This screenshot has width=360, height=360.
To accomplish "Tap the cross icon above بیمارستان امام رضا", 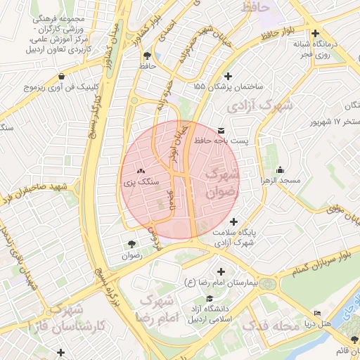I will tap(221, 271).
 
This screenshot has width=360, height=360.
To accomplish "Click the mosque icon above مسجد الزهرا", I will tap(281, 169).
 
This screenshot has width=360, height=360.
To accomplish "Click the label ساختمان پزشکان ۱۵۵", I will tap(227, 86).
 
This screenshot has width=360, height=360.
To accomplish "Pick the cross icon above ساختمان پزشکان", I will tap(227, 76).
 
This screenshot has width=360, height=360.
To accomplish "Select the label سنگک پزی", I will tap(139, 181).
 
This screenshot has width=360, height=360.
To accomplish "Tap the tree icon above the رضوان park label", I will tap(132, 244).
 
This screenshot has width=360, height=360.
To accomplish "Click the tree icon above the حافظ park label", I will tap(146, 56).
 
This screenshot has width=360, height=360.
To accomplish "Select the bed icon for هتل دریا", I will tap(317, 314).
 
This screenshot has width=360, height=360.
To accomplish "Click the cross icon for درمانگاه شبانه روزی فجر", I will tap(315, 34).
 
